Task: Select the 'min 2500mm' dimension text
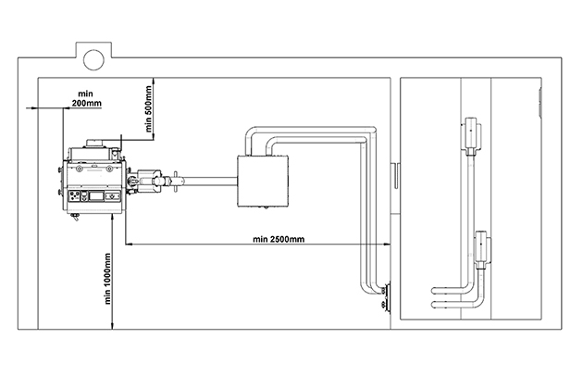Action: pyautogui.click(x=278, y=239)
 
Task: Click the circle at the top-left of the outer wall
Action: pyautogui.click(x=93, y=59)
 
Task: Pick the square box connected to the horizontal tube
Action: pyautogui.click(x=266, y=182)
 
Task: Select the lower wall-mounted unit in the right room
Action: pyautogui.click(x=482, y=247)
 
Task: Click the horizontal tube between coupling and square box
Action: pyautogui.click(x=207, y=181)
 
